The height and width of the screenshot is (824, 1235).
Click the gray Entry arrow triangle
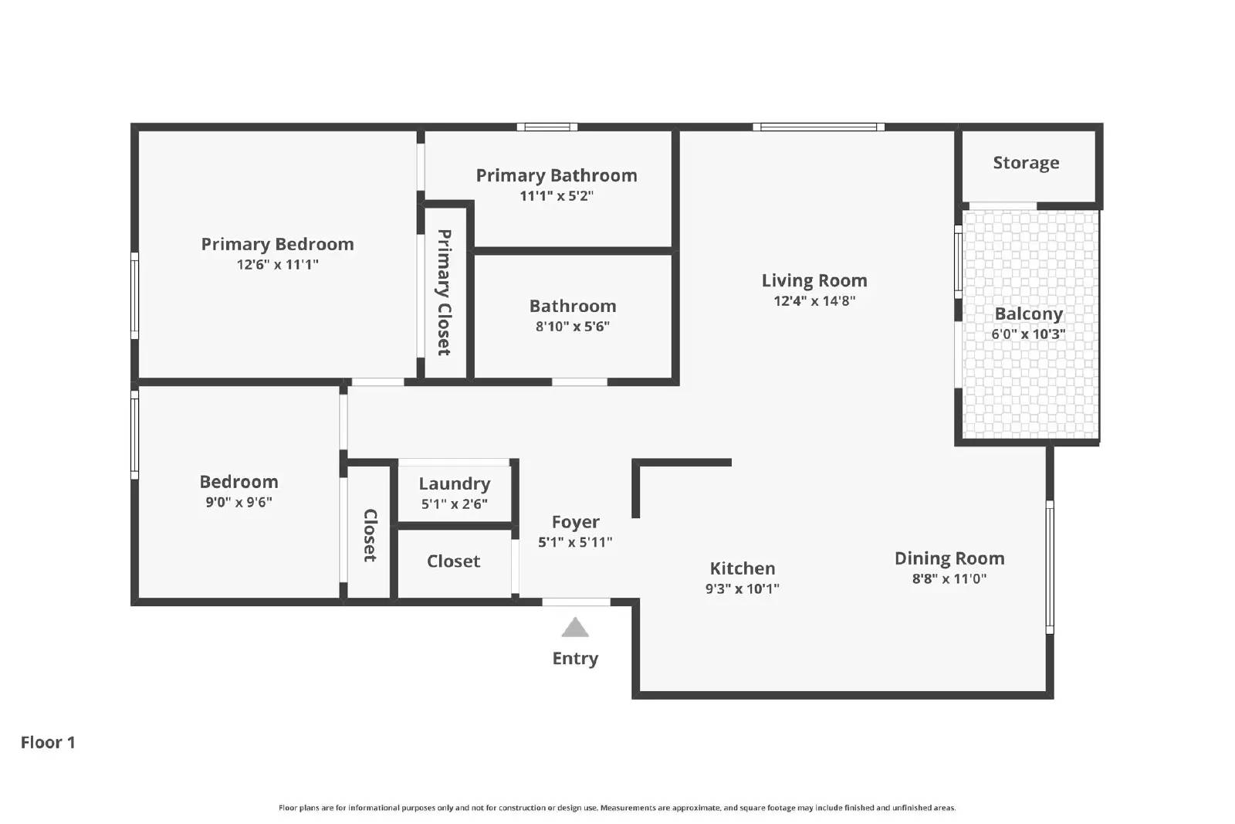tap(575, 629)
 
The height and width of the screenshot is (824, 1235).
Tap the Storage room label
tap(1026, 163)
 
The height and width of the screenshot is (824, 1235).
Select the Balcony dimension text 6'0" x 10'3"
tap(1028, 334)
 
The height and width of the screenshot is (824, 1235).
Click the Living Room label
tap(814, 281)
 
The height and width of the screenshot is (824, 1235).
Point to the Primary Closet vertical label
tap(445, 293)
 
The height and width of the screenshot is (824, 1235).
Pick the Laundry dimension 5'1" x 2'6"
tap(454, 504)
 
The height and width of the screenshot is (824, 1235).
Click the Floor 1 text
tap(48, 742)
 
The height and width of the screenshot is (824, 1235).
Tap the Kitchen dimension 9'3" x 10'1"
tap(742, 589)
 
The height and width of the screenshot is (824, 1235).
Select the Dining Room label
tap(949, 558)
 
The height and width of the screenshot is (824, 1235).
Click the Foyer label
tap(575, 523)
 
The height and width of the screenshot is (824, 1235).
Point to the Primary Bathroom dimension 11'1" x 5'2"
tap(557, 196)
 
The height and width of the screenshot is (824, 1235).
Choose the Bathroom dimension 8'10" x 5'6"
tap(573, 327)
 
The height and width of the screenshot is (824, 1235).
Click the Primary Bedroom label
tap(277, 244)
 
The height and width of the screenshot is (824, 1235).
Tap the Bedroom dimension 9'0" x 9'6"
tap(239, 503)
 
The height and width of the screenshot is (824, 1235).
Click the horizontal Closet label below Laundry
tap(453, 561)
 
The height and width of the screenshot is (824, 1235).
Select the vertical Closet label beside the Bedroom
tap(370, 535)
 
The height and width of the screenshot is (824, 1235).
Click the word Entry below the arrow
tap(575, 659)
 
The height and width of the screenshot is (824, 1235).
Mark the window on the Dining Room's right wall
tap(1049, 567)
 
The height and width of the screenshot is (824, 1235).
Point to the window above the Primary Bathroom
tap(546, 127)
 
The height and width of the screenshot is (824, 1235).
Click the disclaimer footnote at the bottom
tap(617, 808)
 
